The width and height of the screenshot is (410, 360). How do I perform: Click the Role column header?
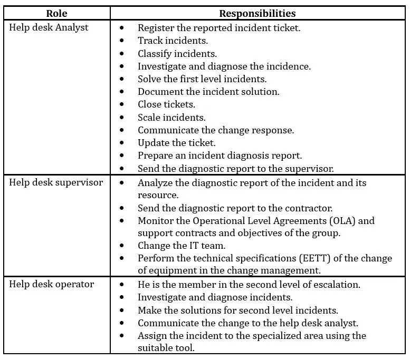(x=56, y=14)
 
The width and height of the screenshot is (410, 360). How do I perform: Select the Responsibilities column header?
(x=258, y=14)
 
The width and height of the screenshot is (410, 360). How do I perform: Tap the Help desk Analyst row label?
(x=49, y=27)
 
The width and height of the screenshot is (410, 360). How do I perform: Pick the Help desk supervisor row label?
(x=56, y=182)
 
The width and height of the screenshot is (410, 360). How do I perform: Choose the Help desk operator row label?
(x=52, y=284)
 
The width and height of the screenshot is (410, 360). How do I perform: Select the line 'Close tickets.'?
(x=166, y=104)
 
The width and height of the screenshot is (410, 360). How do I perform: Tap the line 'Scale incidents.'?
(x=171, y=117)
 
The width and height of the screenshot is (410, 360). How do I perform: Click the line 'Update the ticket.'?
(x=177, y=143)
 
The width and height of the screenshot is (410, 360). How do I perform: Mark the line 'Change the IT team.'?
(x=180, y=245)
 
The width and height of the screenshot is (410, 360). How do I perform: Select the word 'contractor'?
(x=307, y=208)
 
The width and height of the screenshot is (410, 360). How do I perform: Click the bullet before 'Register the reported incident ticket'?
(x=122, y=28)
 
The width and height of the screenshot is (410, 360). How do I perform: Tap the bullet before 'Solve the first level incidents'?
(x=122, y=79)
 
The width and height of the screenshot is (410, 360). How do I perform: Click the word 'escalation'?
(x=335, y=285)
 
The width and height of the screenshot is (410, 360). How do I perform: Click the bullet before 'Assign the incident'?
(x=122, y=336)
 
